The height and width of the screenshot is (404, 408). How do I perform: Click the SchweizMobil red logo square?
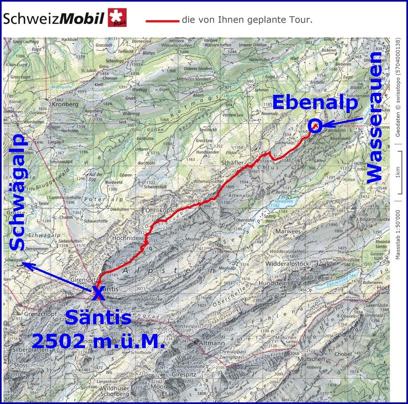point(117,18)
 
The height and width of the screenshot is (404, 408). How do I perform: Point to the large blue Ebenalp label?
point(315,103)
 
